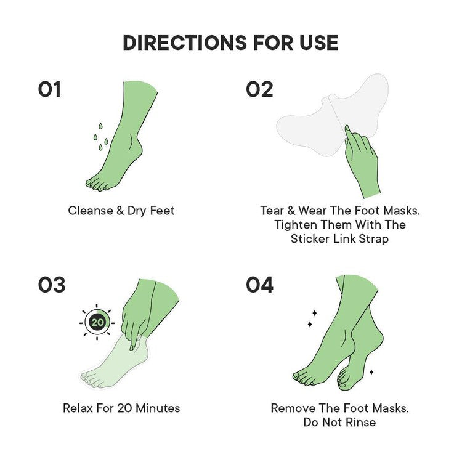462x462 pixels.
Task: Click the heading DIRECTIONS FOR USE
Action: click(x=230, y=43)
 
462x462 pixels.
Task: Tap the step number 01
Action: click(x=49, y=90)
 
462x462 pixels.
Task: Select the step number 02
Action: click(x=259, y=90)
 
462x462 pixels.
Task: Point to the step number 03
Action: click(x=51, y=285)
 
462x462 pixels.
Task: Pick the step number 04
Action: click(x=260, y=285)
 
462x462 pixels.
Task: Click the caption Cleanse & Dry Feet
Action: click(x=121, y=211)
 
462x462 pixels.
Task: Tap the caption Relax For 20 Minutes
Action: click(x=121, y=408)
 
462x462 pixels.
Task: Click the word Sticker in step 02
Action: click(x=312, y=239)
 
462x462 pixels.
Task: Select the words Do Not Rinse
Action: click(x=339, y=423)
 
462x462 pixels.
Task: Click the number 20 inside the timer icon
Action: click(x=97, y=322)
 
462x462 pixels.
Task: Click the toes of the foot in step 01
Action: click(x=97, y=183)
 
